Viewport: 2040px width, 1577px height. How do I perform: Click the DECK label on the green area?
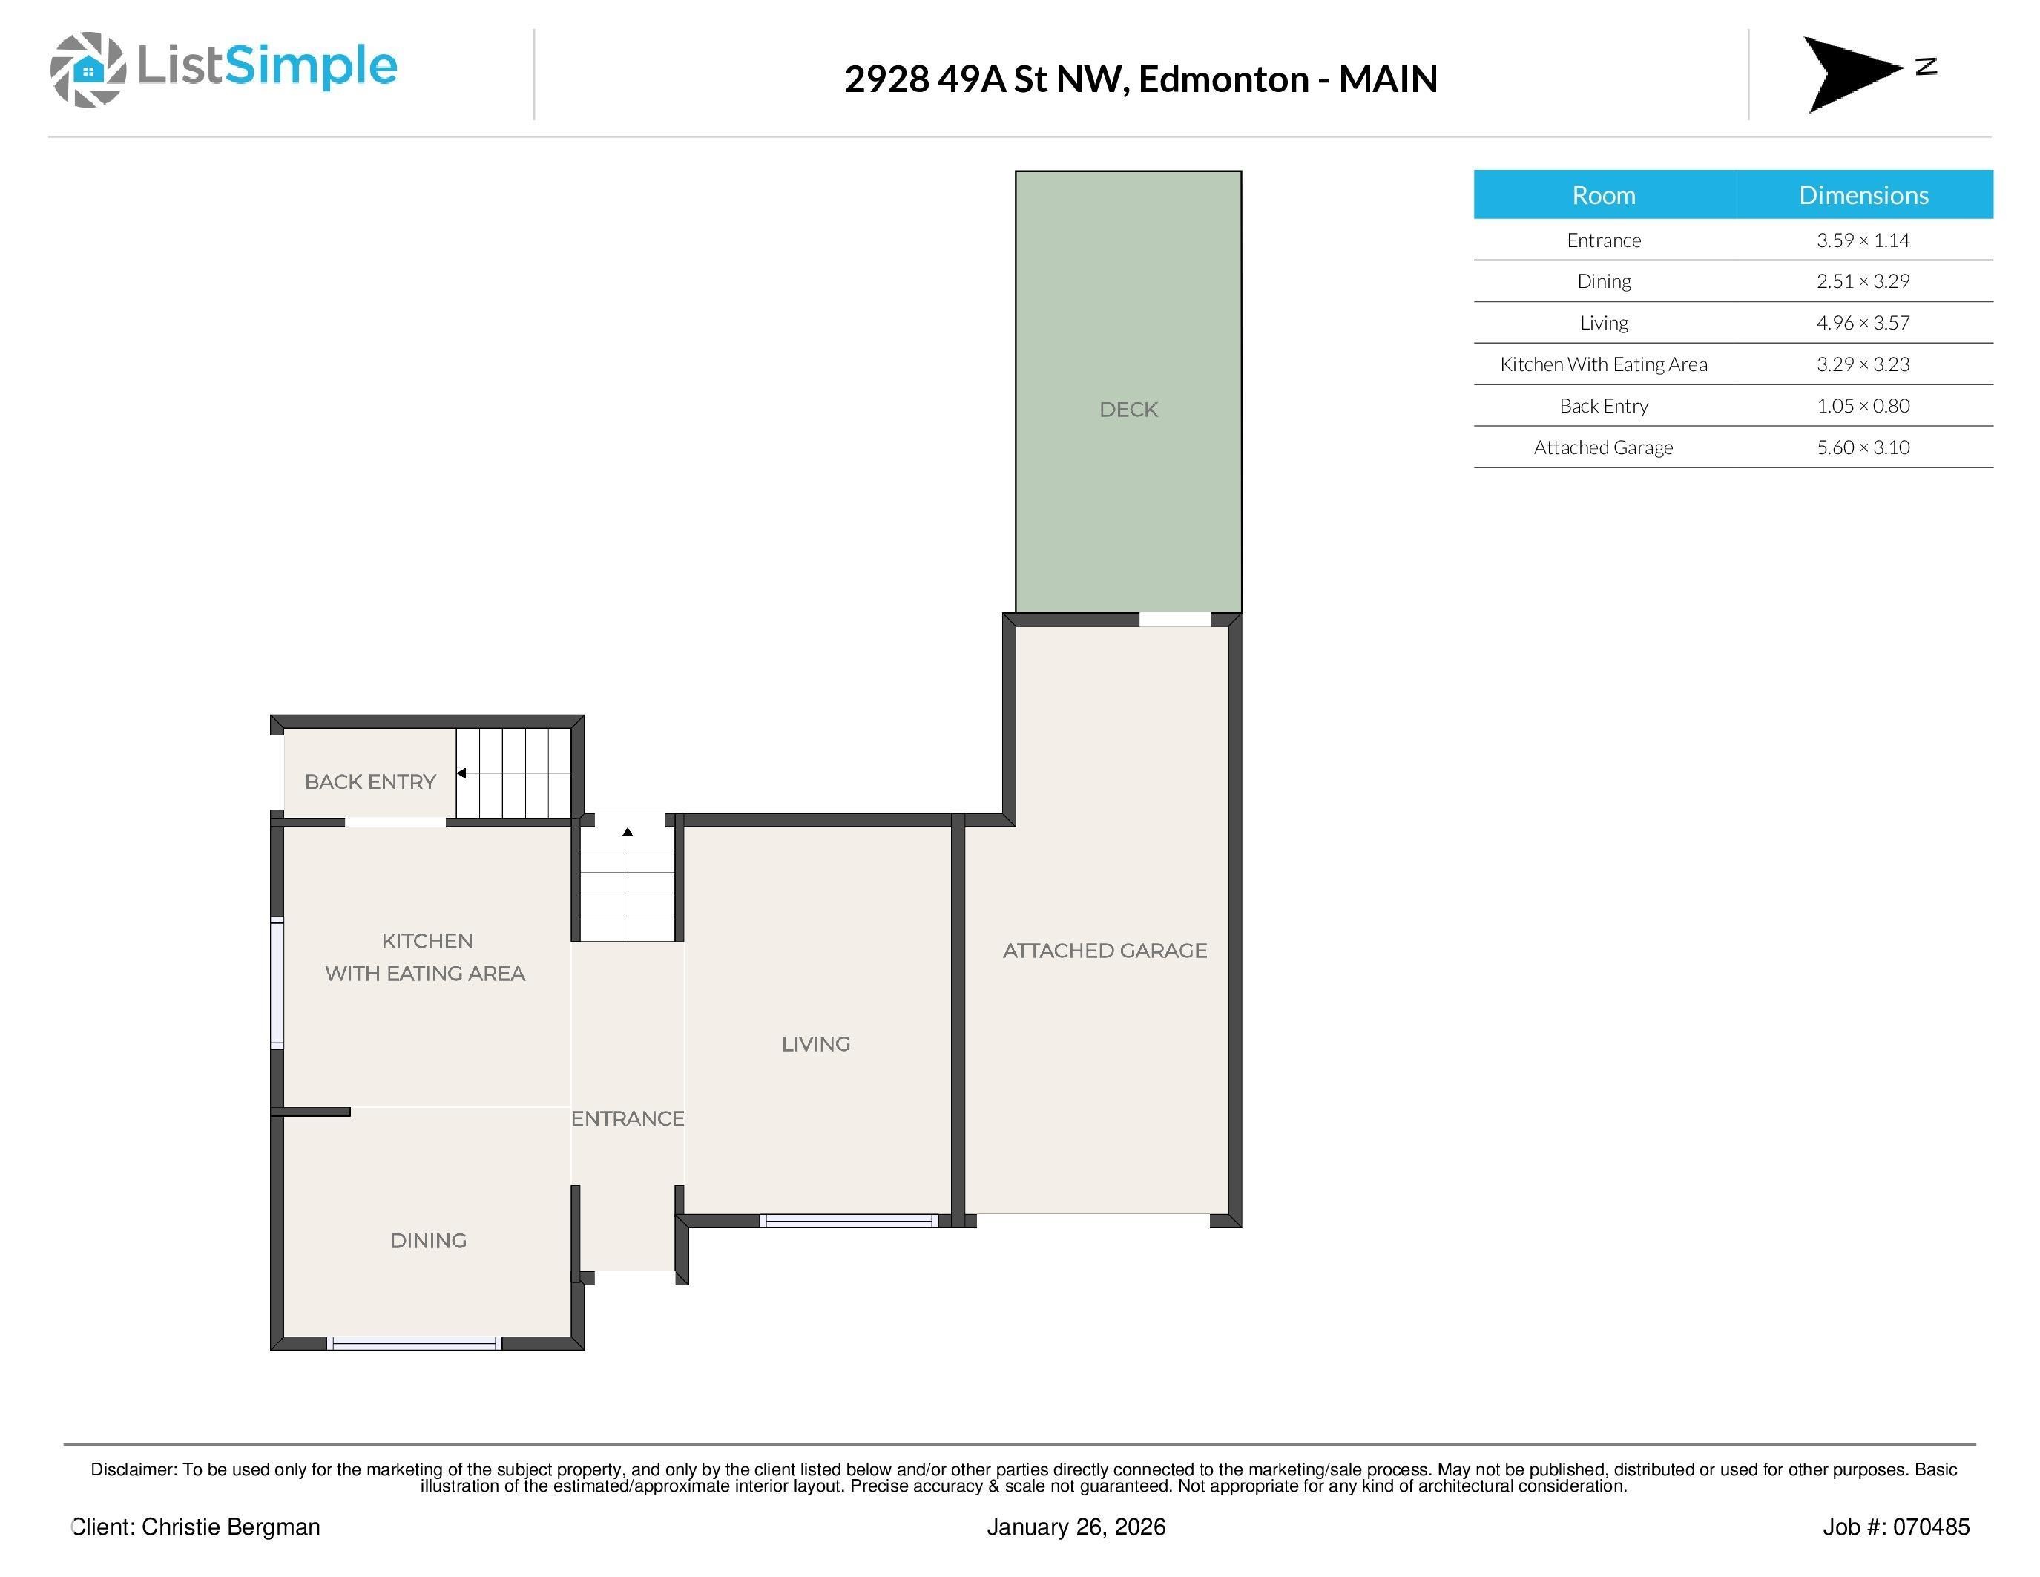pyautogui.click(x=1128, y=409)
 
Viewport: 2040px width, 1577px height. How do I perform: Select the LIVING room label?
pyautogui.click(x=815, y=1043)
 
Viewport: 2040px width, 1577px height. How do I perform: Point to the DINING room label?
pyautogui.click(x=428, y=1240)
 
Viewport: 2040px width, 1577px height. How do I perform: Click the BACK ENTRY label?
pyautogui.click(x=370, y=781)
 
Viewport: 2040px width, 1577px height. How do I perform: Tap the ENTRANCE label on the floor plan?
pyautogui.click(x=627, y=1118)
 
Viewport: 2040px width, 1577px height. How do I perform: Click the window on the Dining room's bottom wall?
pyautogui.click(x=414, y=1343)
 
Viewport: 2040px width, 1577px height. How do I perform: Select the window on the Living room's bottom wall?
pyautogui.click(x=848, y=1220)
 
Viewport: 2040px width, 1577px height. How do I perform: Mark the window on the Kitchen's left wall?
pyautogui.click(x=277, y=984)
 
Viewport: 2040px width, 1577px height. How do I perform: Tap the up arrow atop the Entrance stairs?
pyautogui.click(x=628, y=831)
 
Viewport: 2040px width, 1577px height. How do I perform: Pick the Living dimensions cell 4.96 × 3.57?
pyautogui.click(x=1863, y=322)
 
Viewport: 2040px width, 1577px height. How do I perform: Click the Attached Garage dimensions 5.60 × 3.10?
pyautogui.click(x=1863, y=447)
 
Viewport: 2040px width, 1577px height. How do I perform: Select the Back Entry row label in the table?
pyautogui.click(x=1603, y=405)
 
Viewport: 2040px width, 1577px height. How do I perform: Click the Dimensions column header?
pyautogui.click(x=1863, y=194)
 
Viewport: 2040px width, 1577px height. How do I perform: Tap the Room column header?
pyautogui.click(x=1603, y=194)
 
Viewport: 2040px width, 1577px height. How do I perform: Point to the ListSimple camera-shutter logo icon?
pyautogui.click(x=88, y=69)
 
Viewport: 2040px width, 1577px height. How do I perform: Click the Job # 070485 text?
pyautogui.click(x=1895, y=1527)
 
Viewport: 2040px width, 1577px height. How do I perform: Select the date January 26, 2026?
pyautogui.click(x=1076, y=1527)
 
